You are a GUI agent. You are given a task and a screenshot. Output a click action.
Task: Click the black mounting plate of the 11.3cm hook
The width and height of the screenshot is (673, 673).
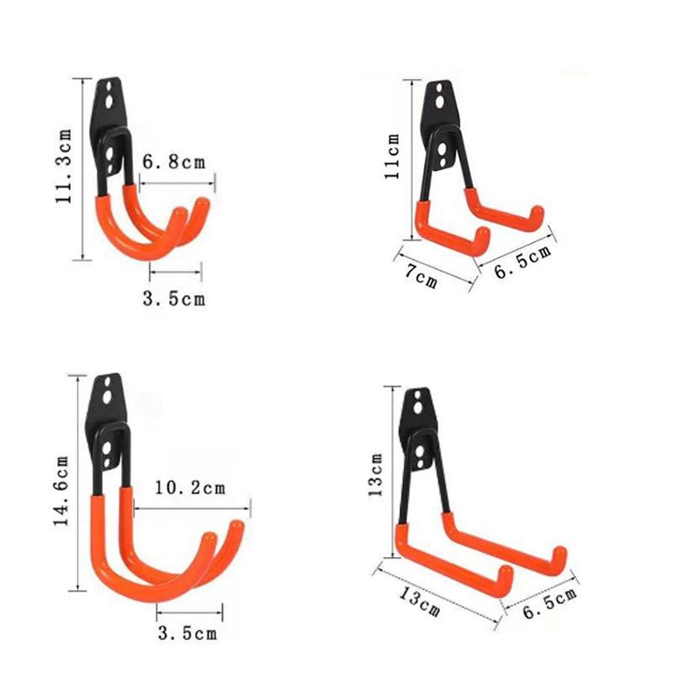[x=110, y=109]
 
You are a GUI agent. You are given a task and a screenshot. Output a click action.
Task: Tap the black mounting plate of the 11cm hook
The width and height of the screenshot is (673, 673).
[x=442, y=105]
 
